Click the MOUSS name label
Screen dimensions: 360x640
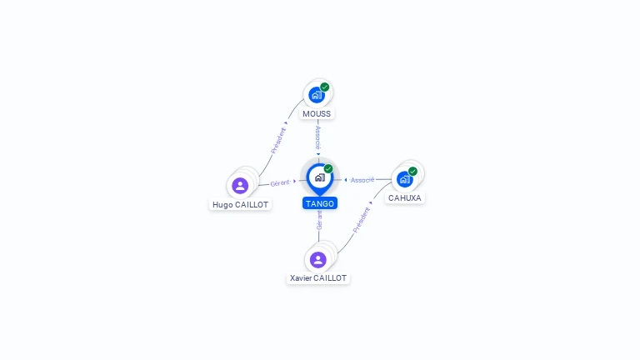[x=317, y=114]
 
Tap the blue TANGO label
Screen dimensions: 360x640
[x=320, y=203]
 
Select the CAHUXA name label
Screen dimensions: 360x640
[x=405, y=198]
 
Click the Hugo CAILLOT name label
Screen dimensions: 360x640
[x=241, y=204]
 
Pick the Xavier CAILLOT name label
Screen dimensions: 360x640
[x=318, y=278]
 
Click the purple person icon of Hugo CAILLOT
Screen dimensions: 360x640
[x=240, y=185]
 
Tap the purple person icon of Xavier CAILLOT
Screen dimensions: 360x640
[x=317, y=259]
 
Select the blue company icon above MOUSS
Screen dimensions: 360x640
[x=316, y=95]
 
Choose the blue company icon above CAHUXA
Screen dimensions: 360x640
[x=404, y=179]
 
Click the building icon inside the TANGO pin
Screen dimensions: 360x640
[x=319, y=177]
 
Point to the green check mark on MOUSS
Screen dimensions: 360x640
[x=325, y=87]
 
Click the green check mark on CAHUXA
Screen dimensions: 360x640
[x=413, y=171]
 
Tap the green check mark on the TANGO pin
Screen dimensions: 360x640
[x=328, y=169]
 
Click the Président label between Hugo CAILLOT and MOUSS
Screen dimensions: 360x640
[x=279, y=141]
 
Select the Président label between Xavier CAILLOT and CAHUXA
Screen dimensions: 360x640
[x=361, y=219]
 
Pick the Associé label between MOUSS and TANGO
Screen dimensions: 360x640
[x=317, y=137]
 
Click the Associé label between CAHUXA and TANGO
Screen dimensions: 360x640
[x=362, y=180]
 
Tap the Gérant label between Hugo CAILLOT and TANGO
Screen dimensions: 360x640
[x=280, y=182]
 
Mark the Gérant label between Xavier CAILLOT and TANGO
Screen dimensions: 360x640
[x=319, y=219]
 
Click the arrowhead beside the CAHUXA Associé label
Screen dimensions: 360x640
[x=346, y=180]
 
